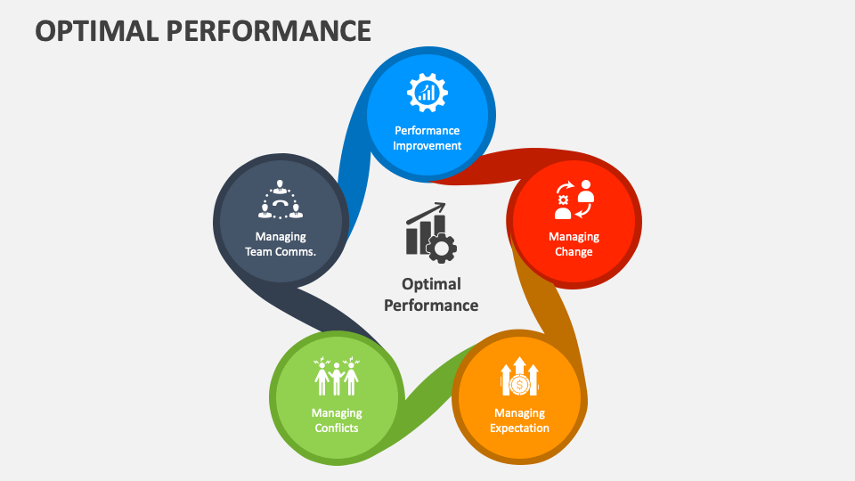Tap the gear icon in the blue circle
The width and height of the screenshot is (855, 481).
click(x=427, y=92)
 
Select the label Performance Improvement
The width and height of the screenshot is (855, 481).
click(x=427, y=138)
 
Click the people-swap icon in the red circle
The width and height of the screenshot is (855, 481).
click(x=574, y=200)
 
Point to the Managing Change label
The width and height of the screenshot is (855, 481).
click(x=574, y=244)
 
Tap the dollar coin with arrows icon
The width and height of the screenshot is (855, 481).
click(x=520, y=376)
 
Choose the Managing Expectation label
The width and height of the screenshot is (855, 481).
click(x=520, y=420)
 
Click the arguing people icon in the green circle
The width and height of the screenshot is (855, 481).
click(x=337, y=377)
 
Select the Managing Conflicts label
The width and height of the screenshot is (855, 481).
click(x=337, y=420)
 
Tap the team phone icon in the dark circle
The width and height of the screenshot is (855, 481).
click(x=281, y=200)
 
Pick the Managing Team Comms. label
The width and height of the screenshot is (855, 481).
click(x=281, y=244)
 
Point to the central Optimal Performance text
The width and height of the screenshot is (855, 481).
click(x=431, y=294)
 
